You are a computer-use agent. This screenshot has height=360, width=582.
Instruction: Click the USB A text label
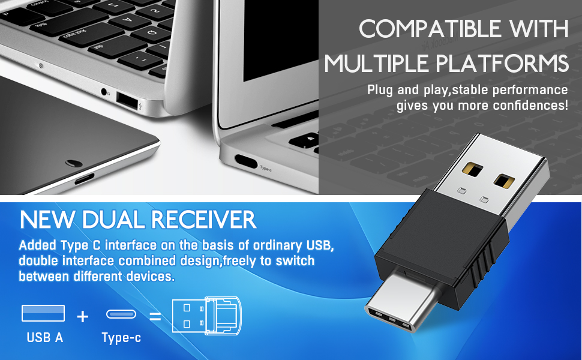[44, 337]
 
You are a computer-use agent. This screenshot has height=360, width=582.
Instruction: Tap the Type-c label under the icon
[121, 338]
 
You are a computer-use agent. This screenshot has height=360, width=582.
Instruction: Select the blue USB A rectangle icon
[43, 313]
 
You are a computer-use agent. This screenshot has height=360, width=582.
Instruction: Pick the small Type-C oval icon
[121, 314]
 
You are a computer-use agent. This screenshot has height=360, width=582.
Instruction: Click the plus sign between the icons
[82, 316]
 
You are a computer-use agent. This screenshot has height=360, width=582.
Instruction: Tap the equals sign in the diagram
[155, 316]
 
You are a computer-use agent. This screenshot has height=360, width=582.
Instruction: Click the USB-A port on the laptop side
[125, 100]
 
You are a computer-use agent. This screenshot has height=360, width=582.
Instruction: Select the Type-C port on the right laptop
[245, 161]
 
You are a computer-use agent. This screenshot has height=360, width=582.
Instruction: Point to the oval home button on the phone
[74, 163]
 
